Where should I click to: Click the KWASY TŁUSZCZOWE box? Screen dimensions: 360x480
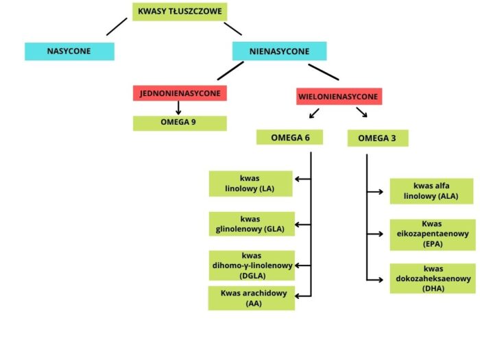click(x=179, y=12)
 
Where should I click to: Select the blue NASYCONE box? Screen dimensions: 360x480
click(x=69, y=51)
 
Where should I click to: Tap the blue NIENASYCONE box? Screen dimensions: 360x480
click(x=279, y=51)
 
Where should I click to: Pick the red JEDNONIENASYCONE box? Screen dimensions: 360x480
click(x=180, y=93)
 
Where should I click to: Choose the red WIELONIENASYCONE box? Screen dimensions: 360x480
click(x=339, y=97)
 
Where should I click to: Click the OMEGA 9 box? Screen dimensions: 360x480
click(x=179, y=123)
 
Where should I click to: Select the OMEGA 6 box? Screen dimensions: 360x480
click(x=290, y=137)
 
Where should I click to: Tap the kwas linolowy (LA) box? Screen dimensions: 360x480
click(x=252, y=183)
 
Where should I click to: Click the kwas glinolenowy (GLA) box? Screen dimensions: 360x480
click(x=252, y=223)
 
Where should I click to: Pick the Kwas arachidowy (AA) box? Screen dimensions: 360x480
click(x=252, y=298)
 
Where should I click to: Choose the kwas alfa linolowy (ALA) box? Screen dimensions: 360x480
click(x=432, y=191)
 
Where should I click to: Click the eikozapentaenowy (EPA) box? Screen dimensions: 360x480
click(x=432, y=233)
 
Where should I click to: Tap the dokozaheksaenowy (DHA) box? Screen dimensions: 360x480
click(x=432, y=278)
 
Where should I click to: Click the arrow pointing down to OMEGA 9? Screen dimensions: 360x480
click(x=179, y=108)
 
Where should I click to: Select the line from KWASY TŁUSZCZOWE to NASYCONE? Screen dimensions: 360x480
click(x=117, y=27)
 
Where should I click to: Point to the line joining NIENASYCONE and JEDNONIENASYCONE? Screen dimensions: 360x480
click(x=229, y=71)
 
